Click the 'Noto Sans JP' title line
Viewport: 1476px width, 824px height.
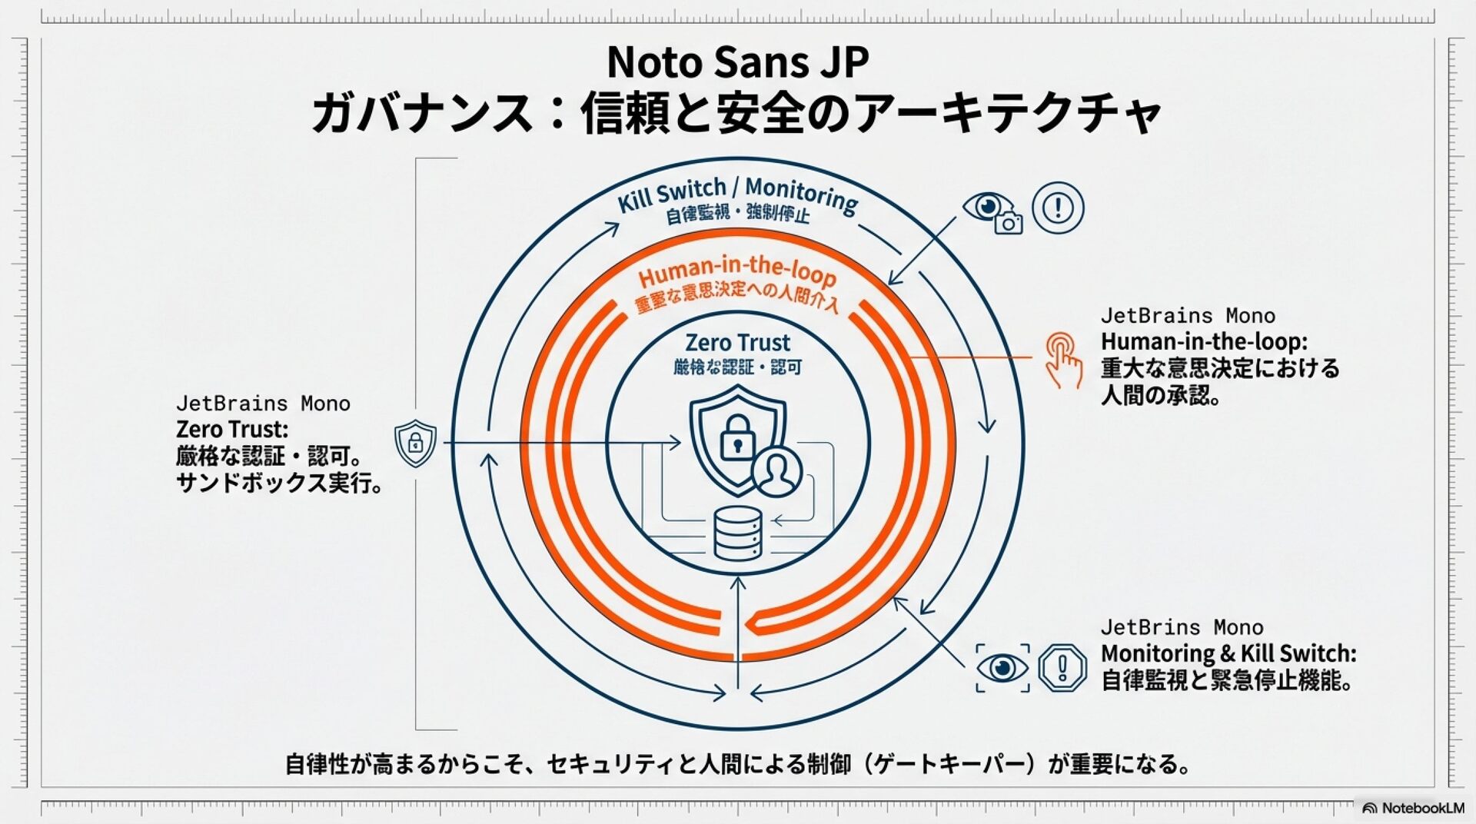(737, 63)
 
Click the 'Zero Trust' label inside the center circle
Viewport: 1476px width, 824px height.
(737, 343)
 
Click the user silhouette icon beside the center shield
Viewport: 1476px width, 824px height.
(776, 470)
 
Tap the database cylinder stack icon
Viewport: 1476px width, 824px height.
(737, 533)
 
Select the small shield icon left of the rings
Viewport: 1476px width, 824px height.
(415, 443)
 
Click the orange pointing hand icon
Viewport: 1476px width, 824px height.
(1063, 360)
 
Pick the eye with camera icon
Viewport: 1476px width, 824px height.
(992, 211)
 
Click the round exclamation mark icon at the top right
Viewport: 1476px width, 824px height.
(1058, 208)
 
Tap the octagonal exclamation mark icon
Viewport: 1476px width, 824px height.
(1062, 667)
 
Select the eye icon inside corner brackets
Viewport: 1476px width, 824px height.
(1002, 667)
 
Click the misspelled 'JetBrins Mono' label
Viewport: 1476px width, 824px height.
(1182, 628)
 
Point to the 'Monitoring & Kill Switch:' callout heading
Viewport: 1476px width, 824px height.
(1228, 654)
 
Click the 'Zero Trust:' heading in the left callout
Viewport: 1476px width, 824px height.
(232, 430)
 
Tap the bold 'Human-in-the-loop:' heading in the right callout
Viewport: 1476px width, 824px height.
(1204, 341)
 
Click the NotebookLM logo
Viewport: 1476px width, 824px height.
(1413, 808)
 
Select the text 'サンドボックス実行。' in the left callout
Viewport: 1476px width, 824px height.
(280, 483)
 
